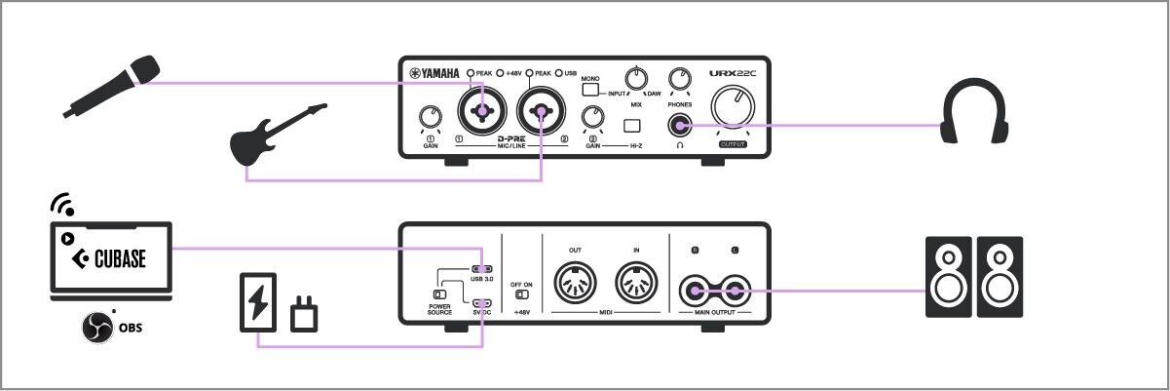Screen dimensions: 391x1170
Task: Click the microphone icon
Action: (112, 87)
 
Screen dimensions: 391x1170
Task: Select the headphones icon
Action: (973, 113)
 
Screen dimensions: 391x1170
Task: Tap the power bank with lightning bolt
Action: (258, 303)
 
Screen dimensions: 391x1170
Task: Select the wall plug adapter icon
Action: (305, 316)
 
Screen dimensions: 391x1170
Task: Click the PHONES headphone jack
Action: (678, 124)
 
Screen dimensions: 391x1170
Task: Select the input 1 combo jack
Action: (482, 113)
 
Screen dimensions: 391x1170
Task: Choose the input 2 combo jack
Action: (541, 113)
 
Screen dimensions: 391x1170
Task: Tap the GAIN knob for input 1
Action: (430, 119)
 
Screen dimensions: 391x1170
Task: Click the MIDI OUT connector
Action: (575, 286)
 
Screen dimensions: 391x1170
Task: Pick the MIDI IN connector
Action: (636, 286)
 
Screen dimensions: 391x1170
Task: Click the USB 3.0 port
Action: (482, 269)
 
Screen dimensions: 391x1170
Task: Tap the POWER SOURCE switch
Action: (440, 293)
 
